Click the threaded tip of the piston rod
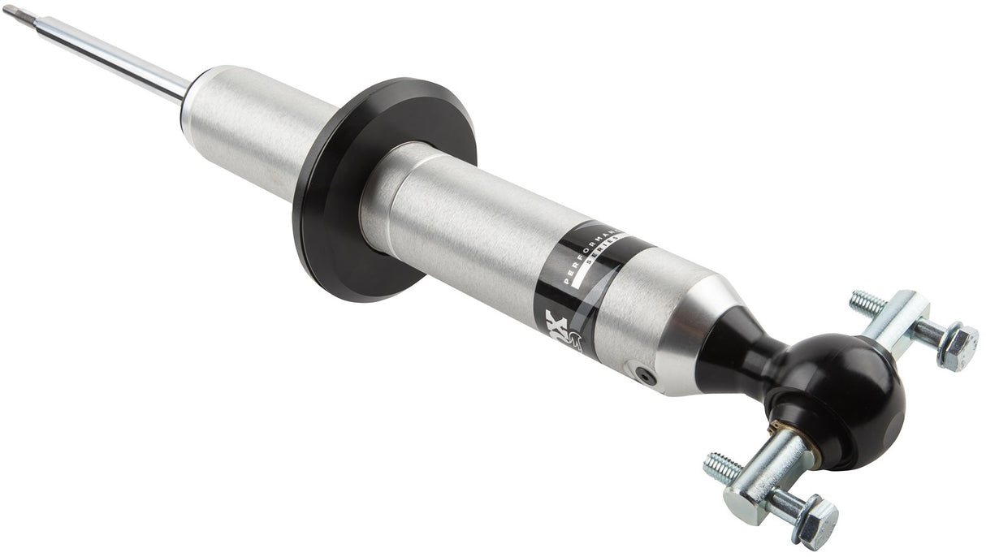point(18,13)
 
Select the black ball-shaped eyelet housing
point(853,398)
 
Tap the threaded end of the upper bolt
point(866,304)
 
